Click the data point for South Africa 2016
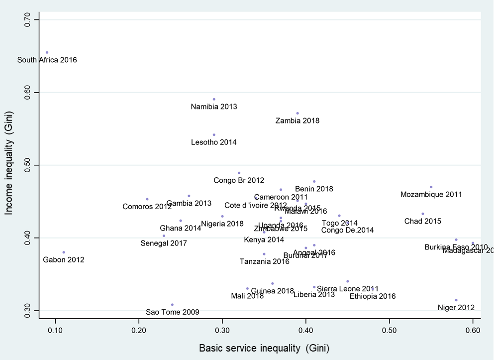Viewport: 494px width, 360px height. tap(47, 52)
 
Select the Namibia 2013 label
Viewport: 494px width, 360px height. tap(214, 107)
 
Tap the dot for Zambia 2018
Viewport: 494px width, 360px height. tap(297, 114)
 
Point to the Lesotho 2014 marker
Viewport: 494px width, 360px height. tap(214, 135)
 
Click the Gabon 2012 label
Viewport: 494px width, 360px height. tap(64, 260)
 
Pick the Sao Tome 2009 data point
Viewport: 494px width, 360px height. tap(172, 305)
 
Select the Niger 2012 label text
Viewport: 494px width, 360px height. tap(456, 308)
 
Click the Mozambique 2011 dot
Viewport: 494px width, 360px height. tap(431, 187)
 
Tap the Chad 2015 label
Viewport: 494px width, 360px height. tap(422, 221)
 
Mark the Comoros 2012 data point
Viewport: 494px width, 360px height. tap(147, 199)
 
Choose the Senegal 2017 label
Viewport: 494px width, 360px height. tap(164, 243)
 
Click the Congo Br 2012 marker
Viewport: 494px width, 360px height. tap(239, 173)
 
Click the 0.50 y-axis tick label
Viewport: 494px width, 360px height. tap(27, 165)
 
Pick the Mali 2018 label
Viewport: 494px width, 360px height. tap(247, 296)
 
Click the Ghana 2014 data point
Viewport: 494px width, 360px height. tap(181, 221)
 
